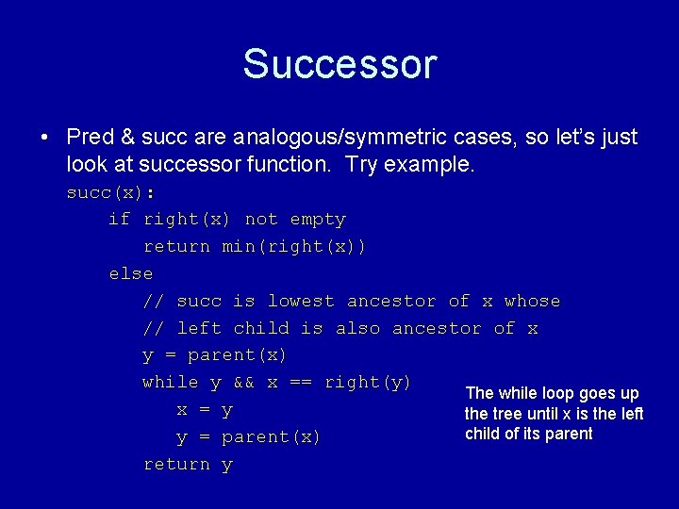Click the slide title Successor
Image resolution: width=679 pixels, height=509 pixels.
coord(339,64)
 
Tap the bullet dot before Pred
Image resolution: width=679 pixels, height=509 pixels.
coord(44,138)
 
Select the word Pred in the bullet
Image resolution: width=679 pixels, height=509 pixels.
coord(91,138)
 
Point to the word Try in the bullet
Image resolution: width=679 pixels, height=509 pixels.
coord(363,164)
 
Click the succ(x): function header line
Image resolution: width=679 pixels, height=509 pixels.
coord(110,192)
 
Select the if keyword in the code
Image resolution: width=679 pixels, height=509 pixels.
coord(120,220)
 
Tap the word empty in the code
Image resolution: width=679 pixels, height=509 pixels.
coord(318,220)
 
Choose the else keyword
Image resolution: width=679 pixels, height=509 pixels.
coord(131,274)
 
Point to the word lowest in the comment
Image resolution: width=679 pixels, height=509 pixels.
coord(301,302)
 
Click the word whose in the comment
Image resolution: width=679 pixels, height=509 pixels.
coord(532,302)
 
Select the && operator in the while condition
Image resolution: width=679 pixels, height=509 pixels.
coord(244,383)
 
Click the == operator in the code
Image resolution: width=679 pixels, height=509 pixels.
coord(301,383)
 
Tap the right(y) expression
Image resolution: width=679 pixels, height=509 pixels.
coord(368,383)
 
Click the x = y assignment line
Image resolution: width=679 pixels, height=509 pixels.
coord(205,410)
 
